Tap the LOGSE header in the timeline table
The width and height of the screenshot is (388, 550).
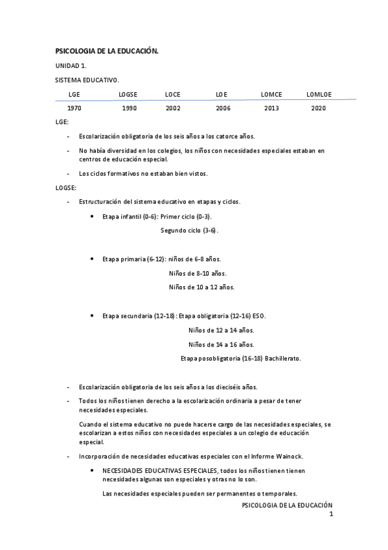pyautogui.click(x=128, y=95)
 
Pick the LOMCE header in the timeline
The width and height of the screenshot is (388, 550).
pyautogui.click(x=271, y=95)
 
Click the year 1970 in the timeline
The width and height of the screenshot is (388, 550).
pyautogui.click(x=74, y=108)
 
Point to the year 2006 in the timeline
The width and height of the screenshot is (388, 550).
pyautogui.click(x=223, y=108)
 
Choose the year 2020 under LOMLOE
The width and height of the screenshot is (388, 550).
pyautogui.click(x=318, y=108)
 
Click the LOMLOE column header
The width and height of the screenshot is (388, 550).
pyautogui.click(x=319, y=95)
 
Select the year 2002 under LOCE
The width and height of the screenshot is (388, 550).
pyautogui.click(x=173, y=108)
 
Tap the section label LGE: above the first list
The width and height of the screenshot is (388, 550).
pyautogui.click(x=62, y=122)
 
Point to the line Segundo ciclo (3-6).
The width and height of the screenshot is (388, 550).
pyautogui.click(x=190, y=230)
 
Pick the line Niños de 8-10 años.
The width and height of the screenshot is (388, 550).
pyautogui.click(x=198, y=273)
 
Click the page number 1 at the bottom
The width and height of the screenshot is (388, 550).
pyautogui.click(x=330, y=514)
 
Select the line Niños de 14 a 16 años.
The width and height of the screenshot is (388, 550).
pyautogui.click(x=221, y=344)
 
